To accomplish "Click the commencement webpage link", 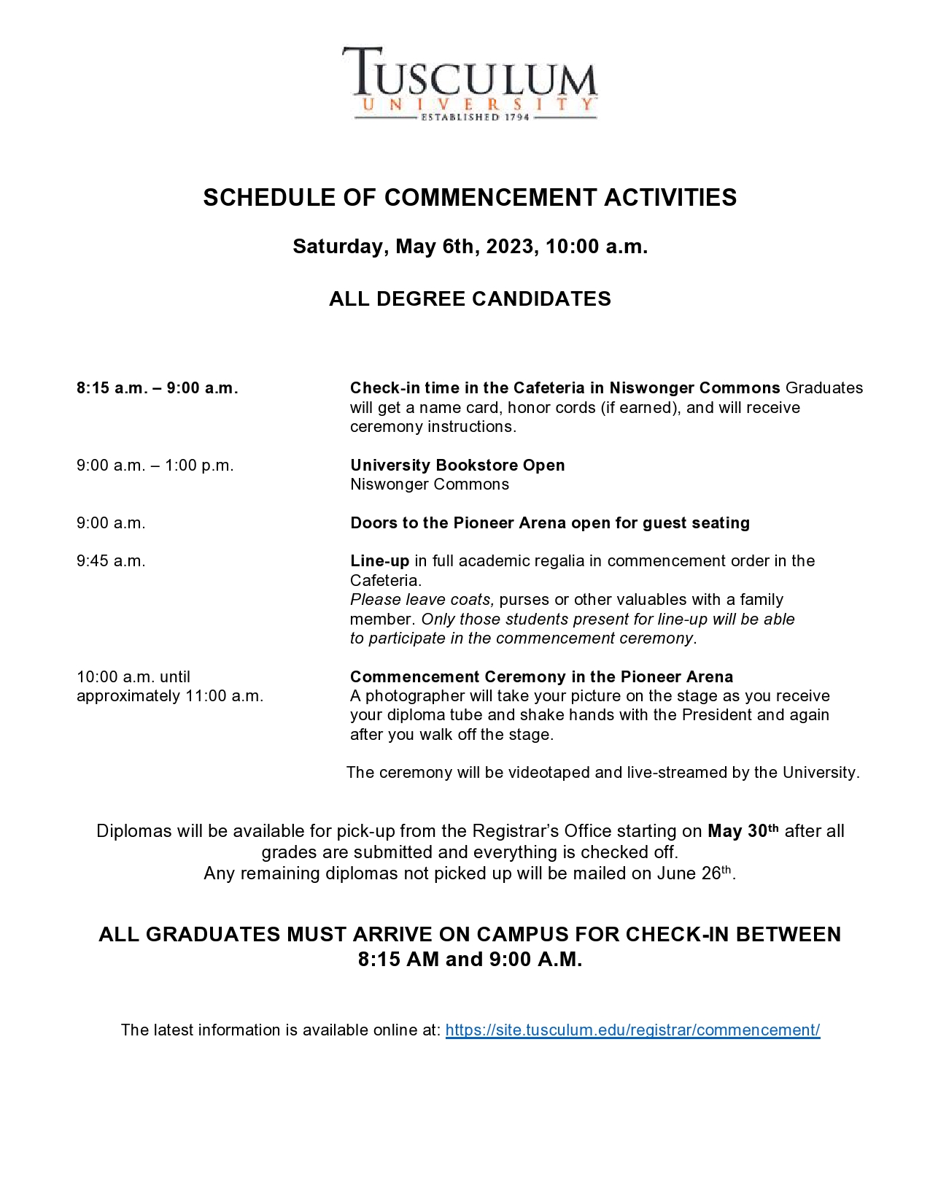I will [x=632, y=1030].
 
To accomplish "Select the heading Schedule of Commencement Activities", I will [x=470, y=198].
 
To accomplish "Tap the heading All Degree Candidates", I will [x=470, y=298].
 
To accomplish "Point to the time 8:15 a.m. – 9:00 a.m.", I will [x=158, y=388].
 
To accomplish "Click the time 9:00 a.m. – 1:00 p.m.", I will [x=155, y=466].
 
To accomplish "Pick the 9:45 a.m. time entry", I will [x=111, y=561].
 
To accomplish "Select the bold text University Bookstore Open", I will [x=457, y=466].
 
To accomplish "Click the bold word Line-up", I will [x=379, y=561].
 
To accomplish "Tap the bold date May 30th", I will [x=743, y=831].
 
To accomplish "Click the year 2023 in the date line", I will [x=512, y=247].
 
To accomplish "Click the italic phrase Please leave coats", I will [x=422, y=600].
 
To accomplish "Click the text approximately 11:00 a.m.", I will [x=170, y=696].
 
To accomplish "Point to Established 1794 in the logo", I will [x=475, y=117].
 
